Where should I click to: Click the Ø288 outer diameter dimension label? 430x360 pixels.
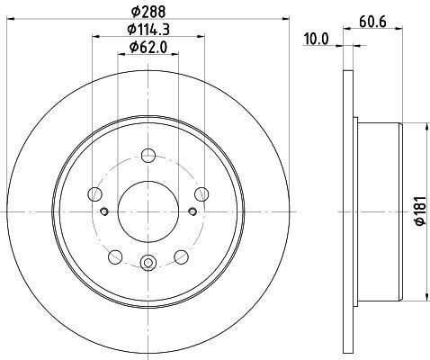point(148,12)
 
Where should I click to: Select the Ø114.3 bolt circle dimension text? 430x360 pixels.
point(148,30)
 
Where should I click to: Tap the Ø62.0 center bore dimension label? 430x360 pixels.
point(148,48)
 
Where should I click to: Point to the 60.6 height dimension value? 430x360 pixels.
point(372,22)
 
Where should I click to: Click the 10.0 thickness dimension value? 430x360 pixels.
point(317,39)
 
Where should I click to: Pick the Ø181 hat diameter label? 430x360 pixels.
point(420,211)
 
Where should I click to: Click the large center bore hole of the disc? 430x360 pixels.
point(148,211)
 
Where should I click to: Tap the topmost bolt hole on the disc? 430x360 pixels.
point(148,156)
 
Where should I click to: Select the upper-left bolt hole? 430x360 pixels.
point(94,194)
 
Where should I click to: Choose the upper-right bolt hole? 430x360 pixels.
point(202,194)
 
